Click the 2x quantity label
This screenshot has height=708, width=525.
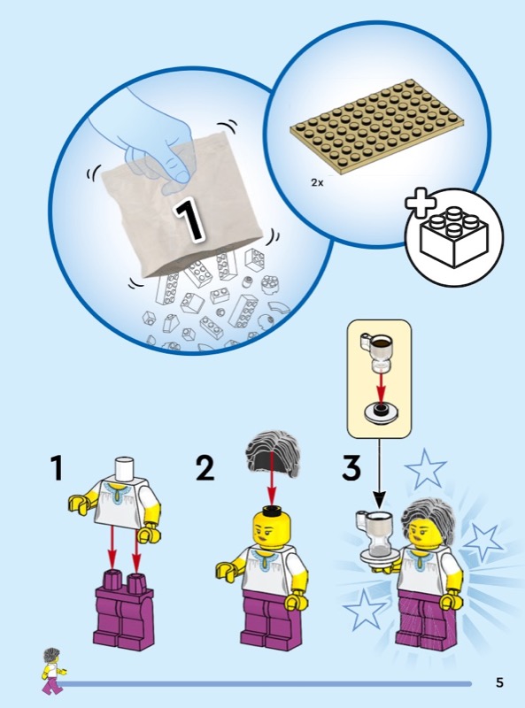(317, 183)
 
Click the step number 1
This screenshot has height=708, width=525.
(57, 468)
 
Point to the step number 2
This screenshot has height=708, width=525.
(205, 468)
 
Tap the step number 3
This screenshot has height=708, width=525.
(351, 468)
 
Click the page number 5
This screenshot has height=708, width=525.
(499, 682)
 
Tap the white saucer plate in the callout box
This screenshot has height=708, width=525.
(381, 413)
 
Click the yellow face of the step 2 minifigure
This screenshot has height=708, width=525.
(271, 528)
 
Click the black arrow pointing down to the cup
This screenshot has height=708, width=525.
(379, 473)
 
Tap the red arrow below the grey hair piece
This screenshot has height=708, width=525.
(272, 478)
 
